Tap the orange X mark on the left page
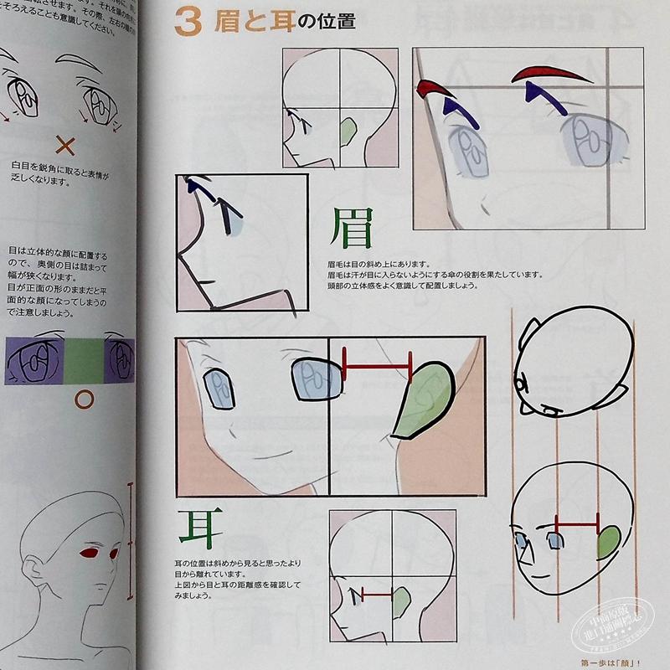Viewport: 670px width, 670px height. pos(64,147)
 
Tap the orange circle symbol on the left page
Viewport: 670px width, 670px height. pos(83,399)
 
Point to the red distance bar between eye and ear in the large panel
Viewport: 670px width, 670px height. pos(377,365)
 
